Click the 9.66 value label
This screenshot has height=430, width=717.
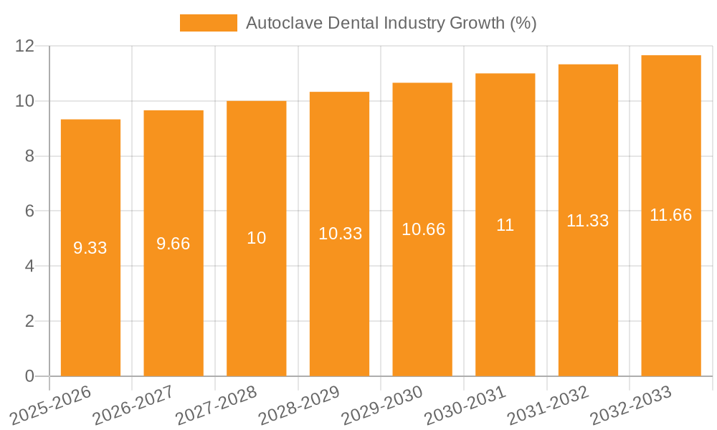pos(174,244)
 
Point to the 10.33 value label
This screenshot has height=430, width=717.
pos(340,234)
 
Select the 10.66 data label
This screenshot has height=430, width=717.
pos(423,229)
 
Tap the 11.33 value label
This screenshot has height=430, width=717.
pos(588,221)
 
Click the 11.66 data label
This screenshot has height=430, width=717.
pos(671,215)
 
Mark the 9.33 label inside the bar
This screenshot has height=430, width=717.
pos(90,248)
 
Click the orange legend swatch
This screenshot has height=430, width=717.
pos(208,23)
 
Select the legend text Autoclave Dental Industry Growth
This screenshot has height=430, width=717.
pos(391,23)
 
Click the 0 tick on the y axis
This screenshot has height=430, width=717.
pos(29,376)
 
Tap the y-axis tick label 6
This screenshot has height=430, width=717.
pos(29,211)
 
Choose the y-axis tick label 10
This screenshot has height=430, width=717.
pos(25,101)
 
